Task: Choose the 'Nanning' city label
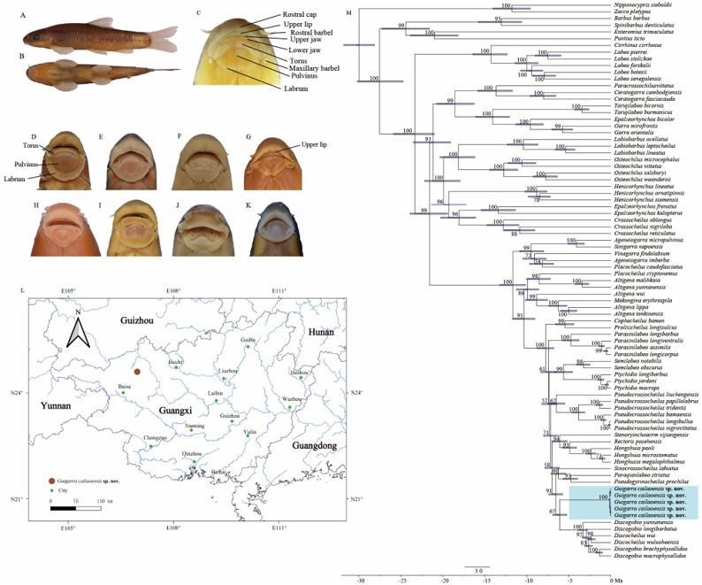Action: pyautogui.click(x=195, y=426)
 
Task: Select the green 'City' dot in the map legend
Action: pyautogui.click(x=54, y=489)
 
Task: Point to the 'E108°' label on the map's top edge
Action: pyautogui.click(x=173, y=291)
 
